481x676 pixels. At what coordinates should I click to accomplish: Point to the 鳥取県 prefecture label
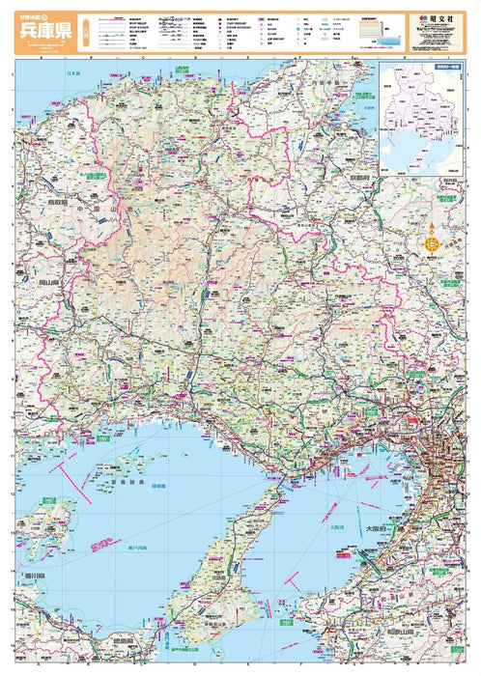38,204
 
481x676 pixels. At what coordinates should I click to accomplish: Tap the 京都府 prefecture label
351,180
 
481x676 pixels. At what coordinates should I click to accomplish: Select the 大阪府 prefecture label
378,530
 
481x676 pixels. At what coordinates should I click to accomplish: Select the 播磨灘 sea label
157,485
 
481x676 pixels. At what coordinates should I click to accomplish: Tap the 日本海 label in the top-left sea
72,74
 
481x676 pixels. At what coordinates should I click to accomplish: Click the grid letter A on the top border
42,57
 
